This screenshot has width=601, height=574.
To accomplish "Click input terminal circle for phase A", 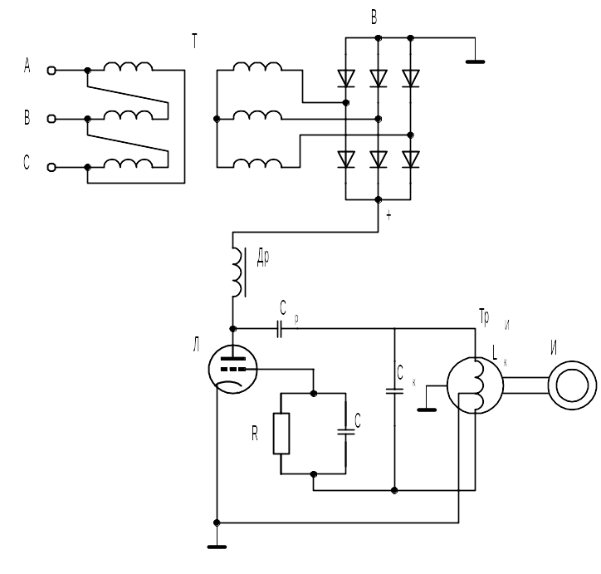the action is pos(51,71).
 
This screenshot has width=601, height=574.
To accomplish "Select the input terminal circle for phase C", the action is pos(51,168).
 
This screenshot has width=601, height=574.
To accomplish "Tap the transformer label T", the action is pos(195,41).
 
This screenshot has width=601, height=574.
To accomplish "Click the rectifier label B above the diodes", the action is pos(374,17).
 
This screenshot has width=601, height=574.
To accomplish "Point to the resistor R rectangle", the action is pos(281,434).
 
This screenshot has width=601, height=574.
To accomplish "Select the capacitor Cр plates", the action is pos(280,329).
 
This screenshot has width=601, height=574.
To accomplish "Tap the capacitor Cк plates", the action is pos(394,391).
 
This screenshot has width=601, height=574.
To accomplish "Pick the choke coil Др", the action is pos(237,272).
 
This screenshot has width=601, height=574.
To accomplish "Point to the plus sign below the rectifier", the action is pos(389,215).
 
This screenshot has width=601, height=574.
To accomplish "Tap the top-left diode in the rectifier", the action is pos(345,79).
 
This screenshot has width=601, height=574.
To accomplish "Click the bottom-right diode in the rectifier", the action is pos(411,159).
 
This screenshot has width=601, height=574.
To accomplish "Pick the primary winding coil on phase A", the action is pos(128,66).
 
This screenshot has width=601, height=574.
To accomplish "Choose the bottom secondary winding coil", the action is pos(257,164).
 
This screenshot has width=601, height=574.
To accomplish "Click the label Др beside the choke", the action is pos(263,258).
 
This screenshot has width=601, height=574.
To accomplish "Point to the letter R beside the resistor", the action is pos(255,434).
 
